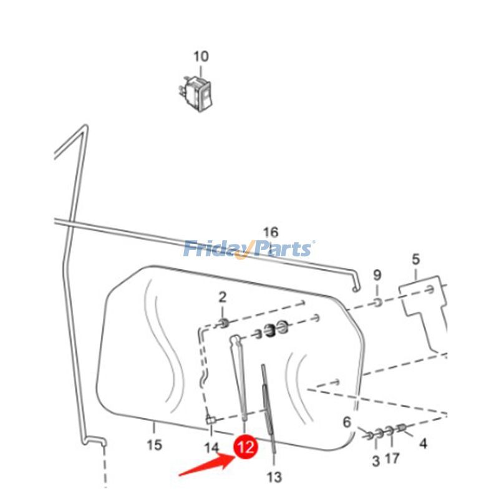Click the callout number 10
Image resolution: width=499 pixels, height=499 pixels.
coord(201,57)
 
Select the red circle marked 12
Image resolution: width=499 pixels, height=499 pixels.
coord(245,447)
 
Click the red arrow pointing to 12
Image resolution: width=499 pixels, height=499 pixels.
coord(207,465)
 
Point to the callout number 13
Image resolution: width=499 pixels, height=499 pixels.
coord(274,477)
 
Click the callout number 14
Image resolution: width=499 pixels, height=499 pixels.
coord(211,448)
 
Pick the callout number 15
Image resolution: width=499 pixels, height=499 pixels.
coord(154,445)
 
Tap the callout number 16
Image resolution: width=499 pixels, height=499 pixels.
coord(271,232)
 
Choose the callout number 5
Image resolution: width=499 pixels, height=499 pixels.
coord(415,259)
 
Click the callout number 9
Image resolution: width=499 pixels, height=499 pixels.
coord(377,274)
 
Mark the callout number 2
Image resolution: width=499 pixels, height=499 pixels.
coord(223,298)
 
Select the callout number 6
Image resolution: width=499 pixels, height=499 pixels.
coord(347,422)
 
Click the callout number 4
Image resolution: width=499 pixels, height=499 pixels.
coord(423,443)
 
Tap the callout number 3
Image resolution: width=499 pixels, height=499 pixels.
coord(376,461)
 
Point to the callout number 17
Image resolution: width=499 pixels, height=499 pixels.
coord(392,458)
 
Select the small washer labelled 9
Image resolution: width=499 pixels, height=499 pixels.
coord(377,302)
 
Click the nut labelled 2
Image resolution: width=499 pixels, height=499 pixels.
coord(224,324)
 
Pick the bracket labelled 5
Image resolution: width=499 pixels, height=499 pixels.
coord(424,306)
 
